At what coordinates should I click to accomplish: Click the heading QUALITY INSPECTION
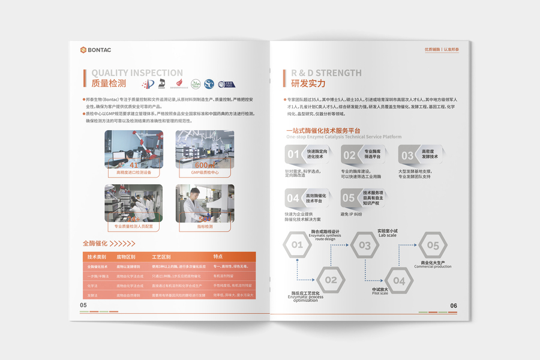(137, 73)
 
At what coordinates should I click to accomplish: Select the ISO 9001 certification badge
(226, 84)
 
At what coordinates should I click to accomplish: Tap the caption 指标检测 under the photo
(205, 227)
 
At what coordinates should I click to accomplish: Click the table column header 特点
(218, 257)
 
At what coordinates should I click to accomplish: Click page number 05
(83, 305)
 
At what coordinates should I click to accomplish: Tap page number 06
(454, 305)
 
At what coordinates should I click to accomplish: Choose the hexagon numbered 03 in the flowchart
(365, 245)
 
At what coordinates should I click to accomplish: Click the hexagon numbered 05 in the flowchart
(433, 245)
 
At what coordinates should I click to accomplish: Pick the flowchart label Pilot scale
(380, 293)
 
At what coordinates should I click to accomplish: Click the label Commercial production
(432, 266)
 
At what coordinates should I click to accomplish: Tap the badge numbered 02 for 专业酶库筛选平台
(349, 155)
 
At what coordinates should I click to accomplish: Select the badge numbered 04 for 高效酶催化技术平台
(293, 198)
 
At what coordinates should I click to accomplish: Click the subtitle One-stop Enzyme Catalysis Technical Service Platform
(344, 137)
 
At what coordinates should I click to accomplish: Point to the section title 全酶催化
(95, 243)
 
